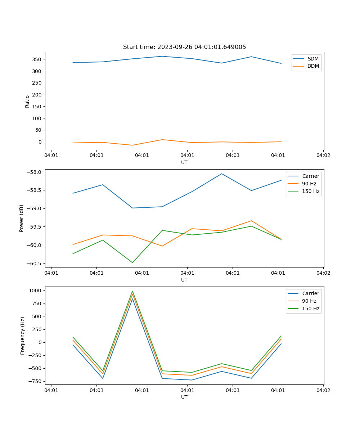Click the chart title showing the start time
coord(184,47)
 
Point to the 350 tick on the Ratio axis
coord(37,59)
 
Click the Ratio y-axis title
coord(27,101)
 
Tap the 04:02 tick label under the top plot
coord(323,156)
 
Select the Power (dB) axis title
coord(22,218)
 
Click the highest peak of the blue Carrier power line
coord(222,174)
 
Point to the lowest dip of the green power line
coord(132,262)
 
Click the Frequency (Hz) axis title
coord(23,336)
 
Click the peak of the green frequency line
coord(132,291)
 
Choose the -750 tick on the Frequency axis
coord(36,382)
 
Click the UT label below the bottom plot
coord(184,397)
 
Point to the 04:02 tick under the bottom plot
coord(323,390)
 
